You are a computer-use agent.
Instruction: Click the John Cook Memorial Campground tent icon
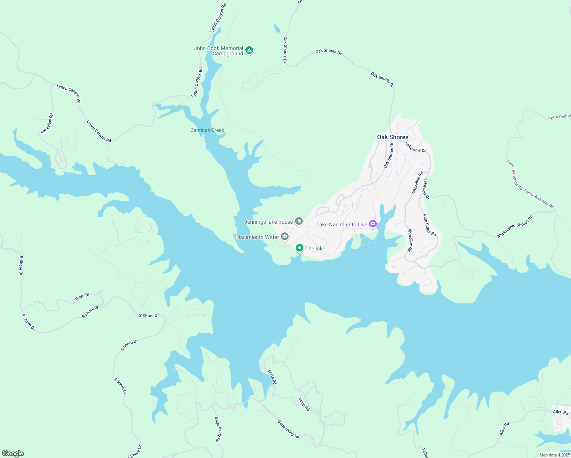point(249,50)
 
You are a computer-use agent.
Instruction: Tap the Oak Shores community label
point(392,137)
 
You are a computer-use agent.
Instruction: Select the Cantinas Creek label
point(207,130)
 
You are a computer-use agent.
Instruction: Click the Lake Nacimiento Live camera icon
point(373,224)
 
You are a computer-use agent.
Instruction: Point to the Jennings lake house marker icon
point(299,221)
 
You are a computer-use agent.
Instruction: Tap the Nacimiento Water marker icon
point(285,237)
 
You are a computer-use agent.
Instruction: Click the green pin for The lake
point(300,248)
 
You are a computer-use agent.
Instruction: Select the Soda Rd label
point(272,377)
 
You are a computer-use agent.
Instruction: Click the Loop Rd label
point(304,404)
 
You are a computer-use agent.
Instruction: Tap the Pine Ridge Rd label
point(429,225)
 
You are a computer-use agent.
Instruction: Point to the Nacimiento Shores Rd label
point(515,226)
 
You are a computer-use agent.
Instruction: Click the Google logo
point(13,453)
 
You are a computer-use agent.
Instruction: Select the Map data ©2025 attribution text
point(554,455)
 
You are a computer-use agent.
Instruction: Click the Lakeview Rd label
point(47,123)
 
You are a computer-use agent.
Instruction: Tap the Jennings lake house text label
point(268,222)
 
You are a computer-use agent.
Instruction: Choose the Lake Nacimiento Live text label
point(342,224)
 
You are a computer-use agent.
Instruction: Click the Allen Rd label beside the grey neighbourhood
point(560,412)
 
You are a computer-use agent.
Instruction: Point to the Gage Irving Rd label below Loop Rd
point(289,429)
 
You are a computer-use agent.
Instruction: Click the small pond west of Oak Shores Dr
point(277,29)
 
